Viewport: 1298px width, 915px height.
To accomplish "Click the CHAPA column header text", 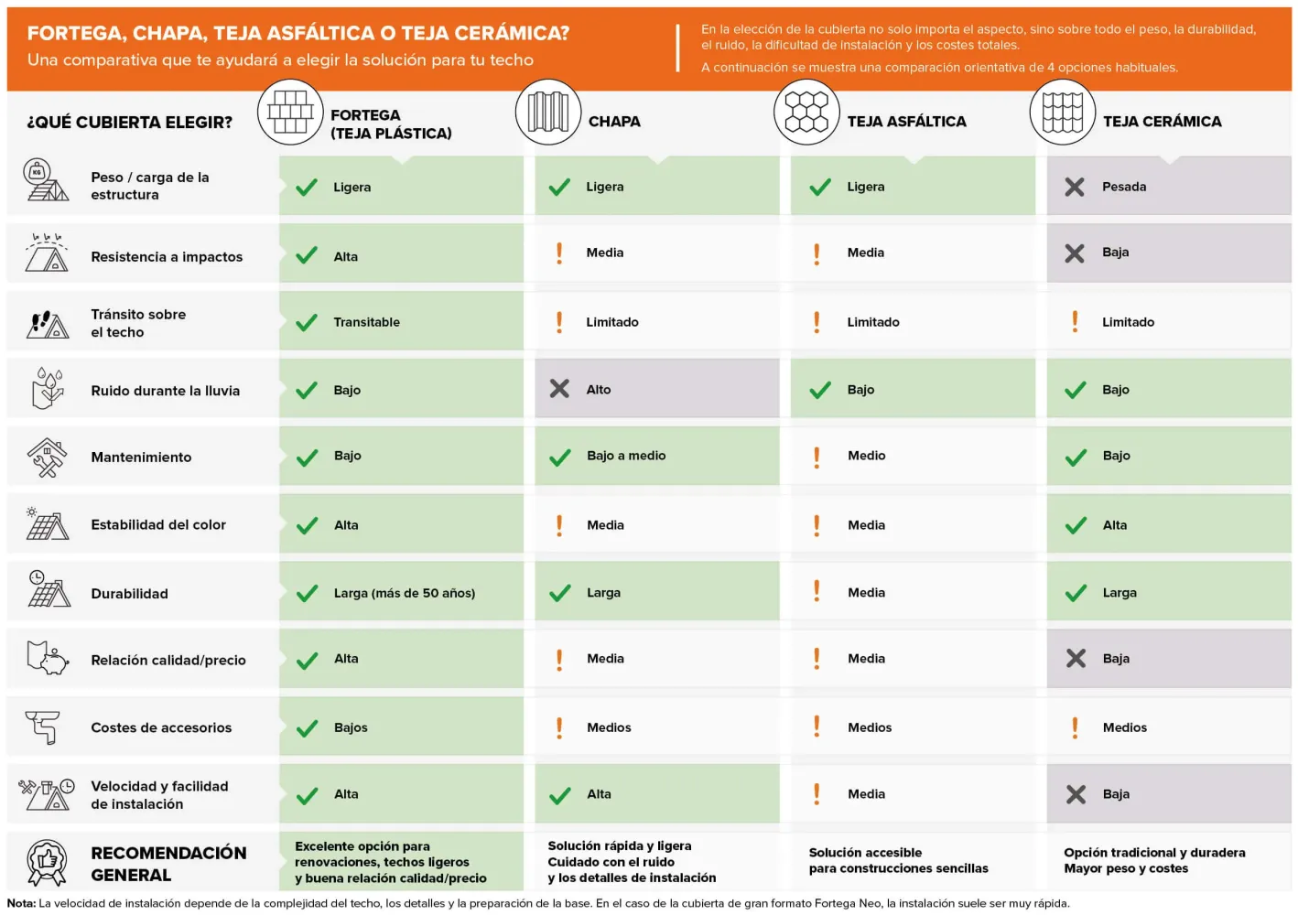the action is tap(614, 122).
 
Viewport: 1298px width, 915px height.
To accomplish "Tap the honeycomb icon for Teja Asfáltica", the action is tap(806, 112).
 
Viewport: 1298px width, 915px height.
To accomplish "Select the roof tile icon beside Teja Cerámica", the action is tap(1062, 112).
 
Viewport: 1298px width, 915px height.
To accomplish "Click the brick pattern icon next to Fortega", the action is tap(290, 112).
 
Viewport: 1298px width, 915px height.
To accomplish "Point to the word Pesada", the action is tap(1123, 187).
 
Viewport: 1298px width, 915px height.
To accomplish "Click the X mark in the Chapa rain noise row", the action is tap(559, 389).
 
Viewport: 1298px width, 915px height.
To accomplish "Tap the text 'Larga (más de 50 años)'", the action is tap(405, 593).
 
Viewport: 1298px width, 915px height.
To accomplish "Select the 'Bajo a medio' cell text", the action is tap(626, 456).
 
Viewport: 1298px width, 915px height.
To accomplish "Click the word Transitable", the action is tap(366, 322).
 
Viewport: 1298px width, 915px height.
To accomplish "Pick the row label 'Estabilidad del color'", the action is tap(158, 524).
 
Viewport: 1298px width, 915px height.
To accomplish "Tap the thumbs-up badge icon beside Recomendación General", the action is tap(47, 863).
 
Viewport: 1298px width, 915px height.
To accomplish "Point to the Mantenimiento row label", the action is tap(141, 457).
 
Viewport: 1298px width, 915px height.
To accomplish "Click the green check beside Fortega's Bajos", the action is tap(307, 728).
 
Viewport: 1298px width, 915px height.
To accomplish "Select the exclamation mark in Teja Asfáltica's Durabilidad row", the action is tap(817, 591).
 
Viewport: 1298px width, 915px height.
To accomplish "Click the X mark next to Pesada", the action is tap(1075, 187).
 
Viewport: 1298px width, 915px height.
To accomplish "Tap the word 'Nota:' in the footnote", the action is tap(21, 903).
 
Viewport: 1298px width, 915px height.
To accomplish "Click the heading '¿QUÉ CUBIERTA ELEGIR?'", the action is tap(129, 123).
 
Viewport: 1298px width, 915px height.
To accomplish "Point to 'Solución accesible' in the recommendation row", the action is tap(865, 853).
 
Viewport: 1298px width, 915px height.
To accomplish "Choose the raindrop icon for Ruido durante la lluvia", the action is tap(48, 388).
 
